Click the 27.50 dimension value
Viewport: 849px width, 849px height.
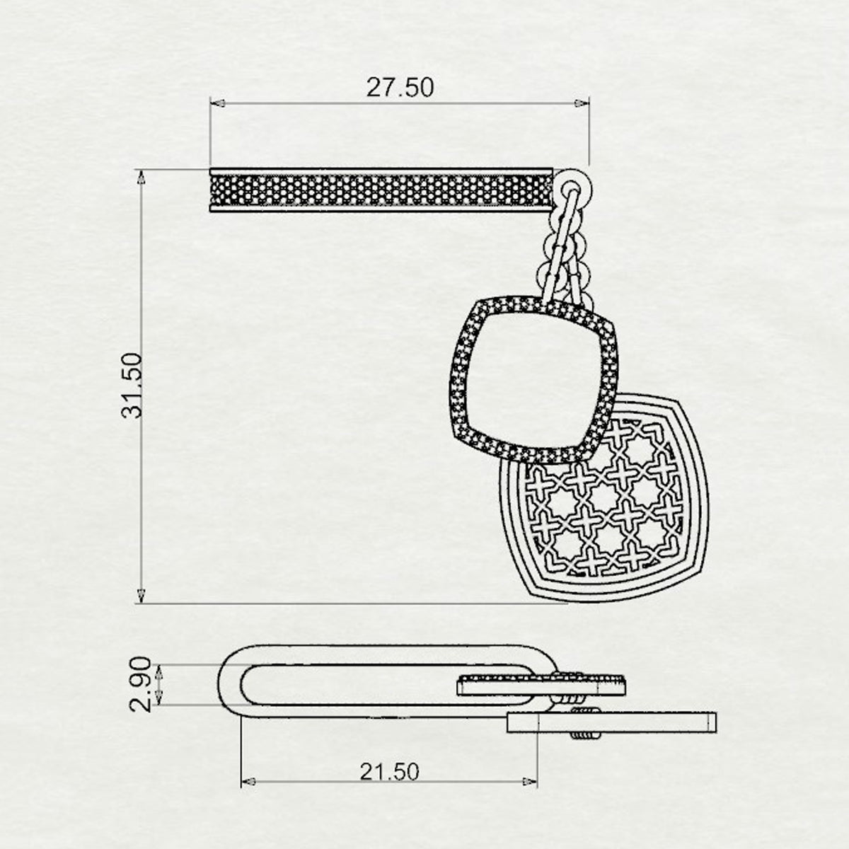tap(400, 87)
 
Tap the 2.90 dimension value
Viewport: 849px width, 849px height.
tap(140, 691)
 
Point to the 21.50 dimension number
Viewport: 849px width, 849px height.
tap(389, 771)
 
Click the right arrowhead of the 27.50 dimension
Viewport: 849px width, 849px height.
tap(582, 103)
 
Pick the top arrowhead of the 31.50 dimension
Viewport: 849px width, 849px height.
tap(141, 177)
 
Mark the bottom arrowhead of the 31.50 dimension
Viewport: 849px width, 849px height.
tap(141, 596)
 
